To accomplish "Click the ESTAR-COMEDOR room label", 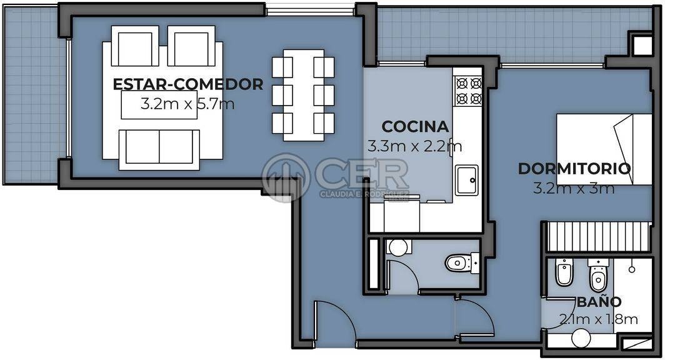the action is pyautogui.click(x=187, y=84).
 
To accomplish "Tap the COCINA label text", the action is pyautogui.click(x=415, y=127).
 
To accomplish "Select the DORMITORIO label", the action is pyautogui.click(x=574, y=168).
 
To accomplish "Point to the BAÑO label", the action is pyautogui.click(x=599, y=301).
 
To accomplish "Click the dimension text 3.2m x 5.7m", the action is pyautogui.click(x=187, y=104).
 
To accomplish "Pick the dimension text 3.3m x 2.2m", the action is pyautogui.click(x=414, y=146).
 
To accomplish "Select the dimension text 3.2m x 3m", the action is pyautogui.click(x=573, y=188).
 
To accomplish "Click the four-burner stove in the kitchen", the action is pyautogui.click(x=468, y=91).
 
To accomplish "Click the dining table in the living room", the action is pyautogui.click(x=304, y=95).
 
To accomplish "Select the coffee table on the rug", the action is pyautogui.click(x=159, y=104).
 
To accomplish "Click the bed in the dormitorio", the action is pyautogui.click(x=604, y=149).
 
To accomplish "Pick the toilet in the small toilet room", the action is pyautogui.click(x=462, y=262).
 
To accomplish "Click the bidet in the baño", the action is pyautogui.click(x=563, y=272).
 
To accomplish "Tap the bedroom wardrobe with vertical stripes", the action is pyautogui.click(x=598, y=236).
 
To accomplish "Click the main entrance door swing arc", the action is pyautogui.click(x=342, y=314).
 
